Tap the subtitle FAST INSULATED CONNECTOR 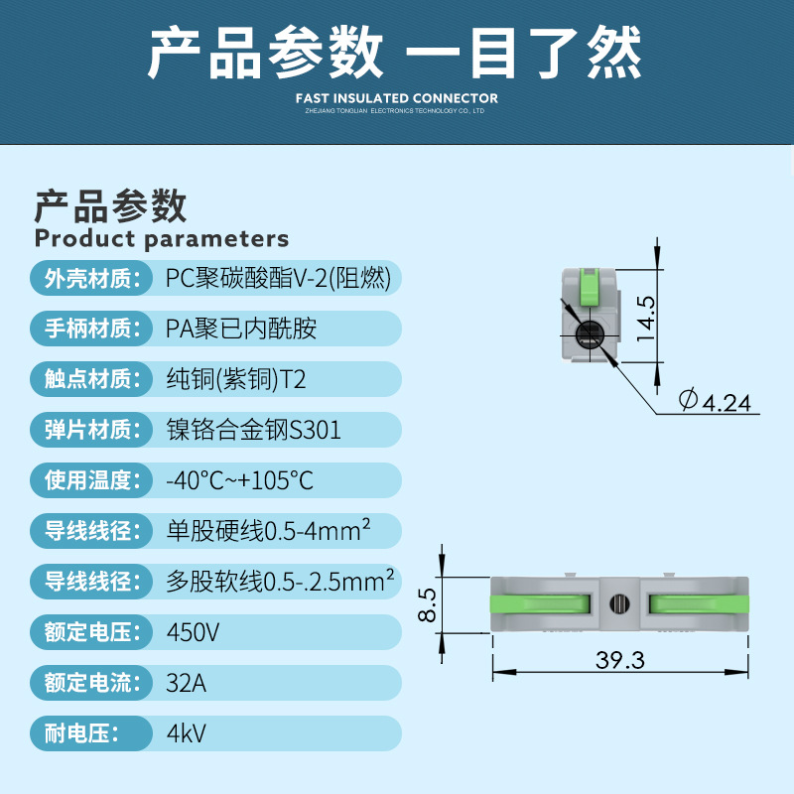pos(397,98)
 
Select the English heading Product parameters pos(162,238)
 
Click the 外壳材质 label pos(88,279)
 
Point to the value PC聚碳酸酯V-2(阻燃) pos(278,279)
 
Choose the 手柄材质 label pos(88,329)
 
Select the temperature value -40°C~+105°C pos(239,481)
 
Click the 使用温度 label pos(88,481)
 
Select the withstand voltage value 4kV pos(186,734)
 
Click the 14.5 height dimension pos(646,319)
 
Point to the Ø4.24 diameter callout pos(720,401)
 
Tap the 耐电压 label pos(82,734)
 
